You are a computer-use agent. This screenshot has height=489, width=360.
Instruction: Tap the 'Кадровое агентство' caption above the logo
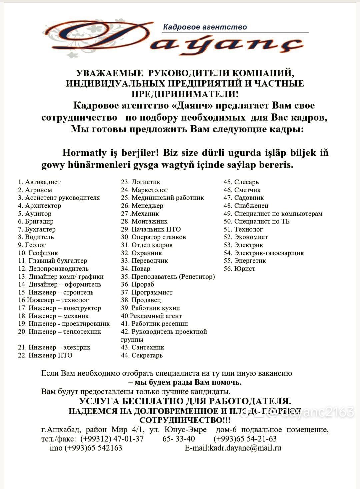coord(205,27)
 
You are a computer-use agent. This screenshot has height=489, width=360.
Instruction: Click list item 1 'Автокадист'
coord(39,182)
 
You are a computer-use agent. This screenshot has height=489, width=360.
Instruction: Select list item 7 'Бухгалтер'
coord(37,229)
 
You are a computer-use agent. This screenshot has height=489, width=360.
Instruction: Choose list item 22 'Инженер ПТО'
coord(45,355)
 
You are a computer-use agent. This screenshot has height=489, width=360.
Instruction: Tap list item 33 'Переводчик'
coord(144,261)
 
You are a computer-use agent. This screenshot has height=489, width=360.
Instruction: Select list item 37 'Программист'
coord(147,292)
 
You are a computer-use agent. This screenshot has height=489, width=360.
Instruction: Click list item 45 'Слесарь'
coord(241,182)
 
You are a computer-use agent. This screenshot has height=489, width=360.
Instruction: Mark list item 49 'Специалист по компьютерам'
coord(273,214)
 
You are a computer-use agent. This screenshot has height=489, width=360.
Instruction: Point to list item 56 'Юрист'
coord(239,269)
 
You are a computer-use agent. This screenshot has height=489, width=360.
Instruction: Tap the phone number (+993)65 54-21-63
coord(245,439)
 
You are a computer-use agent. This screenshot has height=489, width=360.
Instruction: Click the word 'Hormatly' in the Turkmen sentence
coord(84,153)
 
